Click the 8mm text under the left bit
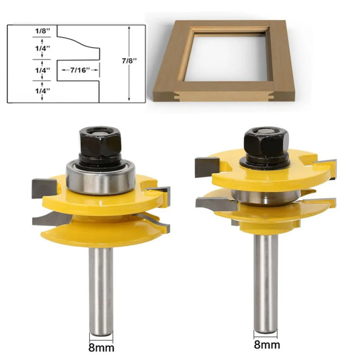(101, 348)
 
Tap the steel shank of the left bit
(101, 288)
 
